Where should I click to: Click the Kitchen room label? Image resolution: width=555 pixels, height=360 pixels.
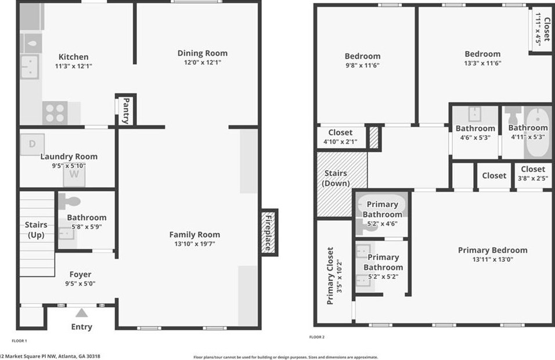pyautogui.click(x=74, y=57)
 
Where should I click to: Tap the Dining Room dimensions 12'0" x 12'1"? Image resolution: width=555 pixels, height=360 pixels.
pyautogui.click(x=202, y=62)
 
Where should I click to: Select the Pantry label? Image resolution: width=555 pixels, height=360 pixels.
pyautogui.click(x=125, y=110)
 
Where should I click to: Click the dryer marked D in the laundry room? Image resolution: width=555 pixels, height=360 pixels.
pyautogui.click(x=33, y=144)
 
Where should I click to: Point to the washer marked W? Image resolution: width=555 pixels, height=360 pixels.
pyautogui.click(x=74, y=174)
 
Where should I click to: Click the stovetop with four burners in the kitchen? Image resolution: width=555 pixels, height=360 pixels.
pyautogui.click(x=55, y=112)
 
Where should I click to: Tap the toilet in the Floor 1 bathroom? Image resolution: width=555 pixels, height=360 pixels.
pyautogui.click(x=70, y=201)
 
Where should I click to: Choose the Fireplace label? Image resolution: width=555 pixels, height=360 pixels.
pyautogui.click(x=269, y=231)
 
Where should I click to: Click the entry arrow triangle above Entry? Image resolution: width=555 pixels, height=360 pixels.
pyautogui.click(x=81, y=313)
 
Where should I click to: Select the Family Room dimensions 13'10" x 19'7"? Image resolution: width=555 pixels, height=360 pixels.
pyautogui.click(x=194, y=244)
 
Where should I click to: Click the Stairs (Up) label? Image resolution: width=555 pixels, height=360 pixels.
pyautogui.click(x=36, y=230)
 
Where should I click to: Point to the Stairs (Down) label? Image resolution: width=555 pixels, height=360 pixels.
pyautogui.click(x=336, y=178)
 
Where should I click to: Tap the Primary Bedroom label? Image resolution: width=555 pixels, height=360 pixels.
pyautogui.click(x=492, y=250)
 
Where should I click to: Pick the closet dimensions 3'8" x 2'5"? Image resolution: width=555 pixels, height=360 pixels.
pyautogui.click(x=532, y=179)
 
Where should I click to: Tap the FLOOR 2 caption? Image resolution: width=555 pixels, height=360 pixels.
pyautogui.click(x=317, y=337)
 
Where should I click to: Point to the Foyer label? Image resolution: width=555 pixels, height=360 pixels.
pyautogui.click(x=80, y=274)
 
